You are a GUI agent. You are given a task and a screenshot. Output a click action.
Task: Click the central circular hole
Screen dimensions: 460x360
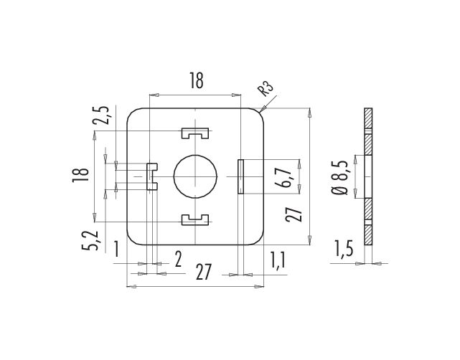pyautogui.click(x=195, y=176)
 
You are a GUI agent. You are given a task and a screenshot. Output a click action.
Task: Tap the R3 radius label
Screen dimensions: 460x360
pyautogui.click(x=266, y=88)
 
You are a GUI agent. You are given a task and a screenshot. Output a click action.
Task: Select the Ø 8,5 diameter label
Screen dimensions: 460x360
pyautogui.click(x=339, y=178)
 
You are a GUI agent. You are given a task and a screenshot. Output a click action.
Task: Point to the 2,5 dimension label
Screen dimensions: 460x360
pyautogui.click(x=103, y=115)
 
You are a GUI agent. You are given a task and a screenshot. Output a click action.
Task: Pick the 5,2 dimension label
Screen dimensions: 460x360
pyautogui.click(x=90, y=240)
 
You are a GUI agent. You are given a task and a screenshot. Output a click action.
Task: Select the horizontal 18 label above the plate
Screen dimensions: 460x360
pyautogui.click(x=196, y=80)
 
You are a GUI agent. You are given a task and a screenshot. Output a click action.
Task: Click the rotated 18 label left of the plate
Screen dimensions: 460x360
pyautogui.click(x=80, y=175)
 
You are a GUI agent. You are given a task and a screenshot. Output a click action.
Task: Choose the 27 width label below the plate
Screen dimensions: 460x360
pyautogui.click(x=204, y=272)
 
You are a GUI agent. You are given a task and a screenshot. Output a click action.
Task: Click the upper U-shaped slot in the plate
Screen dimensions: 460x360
pyautogui.click(x=195, y=133)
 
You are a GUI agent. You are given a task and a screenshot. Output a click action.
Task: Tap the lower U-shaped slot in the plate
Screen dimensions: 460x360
pyautogui.click(x=195, y=220)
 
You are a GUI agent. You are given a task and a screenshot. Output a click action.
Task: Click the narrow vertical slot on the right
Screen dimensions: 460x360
pyautogui.click(x=240, y=176)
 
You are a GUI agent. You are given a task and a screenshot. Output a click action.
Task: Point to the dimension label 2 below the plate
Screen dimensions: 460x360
pyautogui.click(x=179, y=260)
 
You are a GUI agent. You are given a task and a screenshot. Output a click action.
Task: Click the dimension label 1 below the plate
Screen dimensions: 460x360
pyautogui.click(x=117, y=249)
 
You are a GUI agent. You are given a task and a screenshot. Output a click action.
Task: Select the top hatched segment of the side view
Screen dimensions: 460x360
pyautogui.click(x=368, y=118)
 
